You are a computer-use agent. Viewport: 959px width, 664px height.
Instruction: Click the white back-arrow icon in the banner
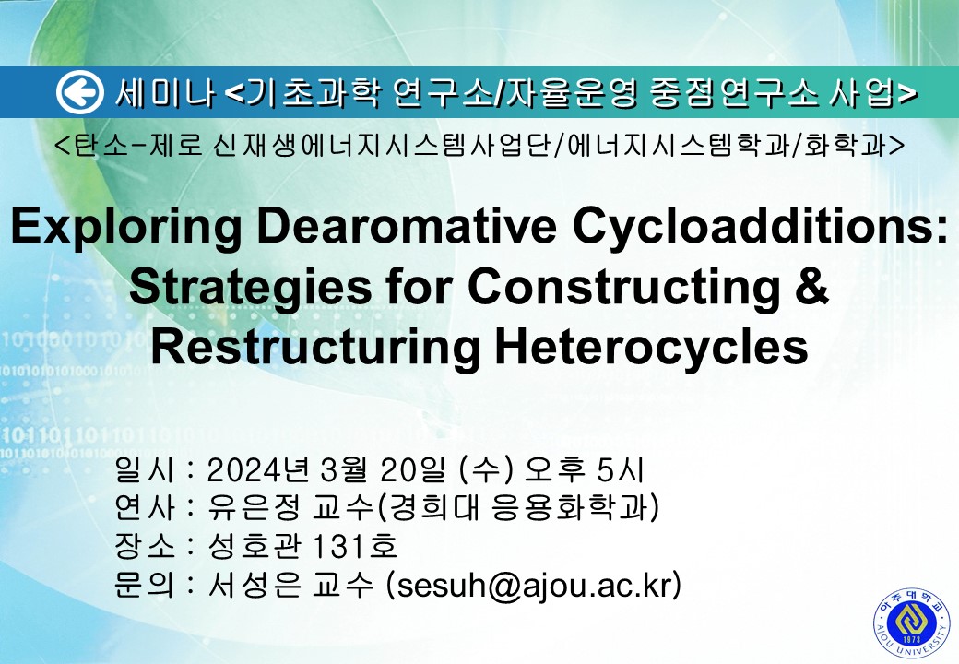click(x=79, y=92)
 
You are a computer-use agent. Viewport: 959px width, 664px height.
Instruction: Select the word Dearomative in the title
click(x=407, y=225)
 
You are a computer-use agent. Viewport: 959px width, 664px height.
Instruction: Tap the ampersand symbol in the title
click(x=811, y=286)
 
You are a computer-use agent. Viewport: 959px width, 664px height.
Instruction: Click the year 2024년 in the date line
click(x=257, y=469)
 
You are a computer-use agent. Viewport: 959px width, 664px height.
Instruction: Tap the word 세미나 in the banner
click(x=164, y=93)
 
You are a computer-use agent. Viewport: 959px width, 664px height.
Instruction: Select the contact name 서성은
click(x=255, y=585)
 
